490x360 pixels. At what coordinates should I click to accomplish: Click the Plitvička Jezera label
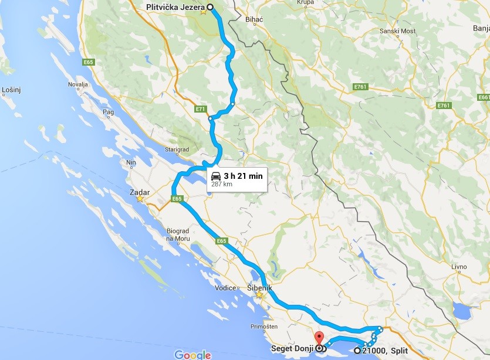(x=175, y=7)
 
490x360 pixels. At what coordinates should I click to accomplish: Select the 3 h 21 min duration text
(x=243, y=175)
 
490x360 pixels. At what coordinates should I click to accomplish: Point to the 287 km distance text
(x=222, y=183)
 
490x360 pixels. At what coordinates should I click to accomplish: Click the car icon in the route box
(x=216, y=175)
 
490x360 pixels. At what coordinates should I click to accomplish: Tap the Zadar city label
(x=140, y=192)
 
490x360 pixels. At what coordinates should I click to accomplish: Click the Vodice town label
(x=225, y=288)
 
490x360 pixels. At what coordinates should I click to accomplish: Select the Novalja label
(x=77, y=84)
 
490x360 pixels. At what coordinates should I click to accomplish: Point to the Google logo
(x=192, y=354)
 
